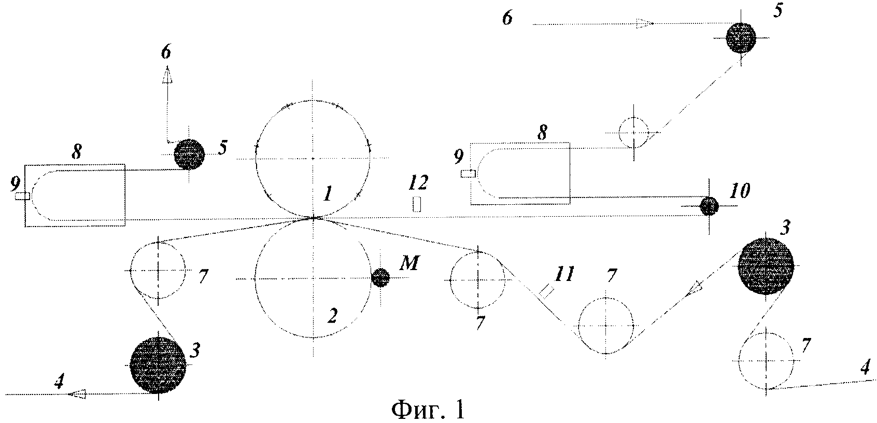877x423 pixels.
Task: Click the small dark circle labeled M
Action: pos(380,278)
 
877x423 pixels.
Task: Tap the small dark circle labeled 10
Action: pos(709,206)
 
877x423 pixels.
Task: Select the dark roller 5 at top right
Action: pos(741,38)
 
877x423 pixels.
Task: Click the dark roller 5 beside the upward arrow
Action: pos(189,154)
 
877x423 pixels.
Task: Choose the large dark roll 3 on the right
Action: pos(766,265)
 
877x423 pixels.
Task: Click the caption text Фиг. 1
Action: pos(428,411)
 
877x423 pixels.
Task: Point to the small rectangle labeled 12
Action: pos(416,204)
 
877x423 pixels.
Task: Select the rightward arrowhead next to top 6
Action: pos(643,23)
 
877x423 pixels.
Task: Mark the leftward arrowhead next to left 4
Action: pos(78,394)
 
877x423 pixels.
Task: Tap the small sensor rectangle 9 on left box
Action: pos(22,196)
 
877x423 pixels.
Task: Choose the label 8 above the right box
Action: pos(542,133)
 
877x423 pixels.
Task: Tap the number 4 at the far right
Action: pos(864,369)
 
